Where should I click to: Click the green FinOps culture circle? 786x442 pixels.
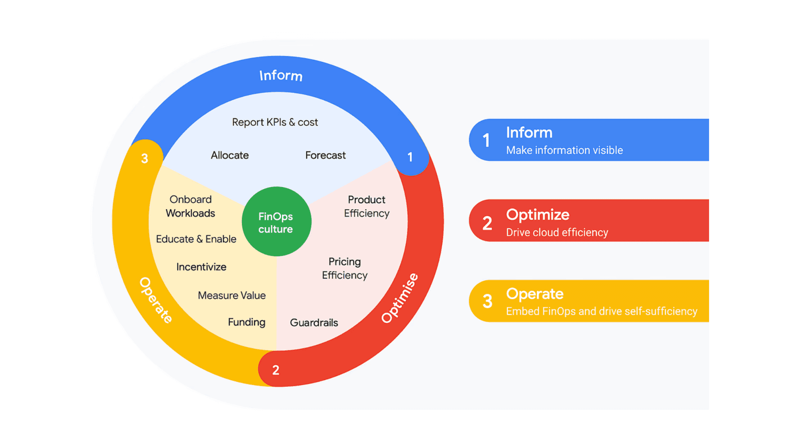276,221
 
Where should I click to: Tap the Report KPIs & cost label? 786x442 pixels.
275,122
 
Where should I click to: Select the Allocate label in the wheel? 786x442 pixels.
230,155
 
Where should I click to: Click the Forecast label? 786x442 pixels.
325,155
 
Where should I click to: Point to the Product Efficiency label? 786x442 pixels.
366,206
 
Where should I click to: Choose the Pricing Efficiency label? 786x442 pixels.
345,268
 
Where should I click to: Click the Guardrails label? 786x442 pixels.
314,322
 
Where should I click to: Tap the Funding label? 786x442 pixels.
246,322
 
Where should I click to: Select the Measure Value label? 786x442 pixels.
232,295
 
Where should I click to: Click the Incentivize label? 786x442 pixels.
201,267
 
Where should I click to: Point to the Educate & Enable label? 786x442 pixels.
196,239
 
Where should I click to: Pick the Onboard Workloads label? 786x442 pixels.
190,206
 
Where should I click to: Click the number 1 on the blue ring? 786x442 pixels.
410,157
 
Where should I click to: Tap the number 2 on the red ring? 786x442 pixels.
276,370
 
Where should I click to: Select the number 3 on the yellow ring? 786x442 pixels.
145,158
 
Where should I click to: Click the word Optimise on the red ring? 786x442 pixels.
400,298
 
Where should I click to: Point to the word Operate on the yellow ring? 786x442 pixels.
156,300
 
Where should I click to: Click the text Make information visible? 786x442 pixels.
565,150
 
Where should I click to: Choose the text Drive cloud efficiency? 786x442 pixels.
557,232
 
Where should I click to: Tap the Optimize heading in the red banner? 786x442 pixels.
538,215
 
